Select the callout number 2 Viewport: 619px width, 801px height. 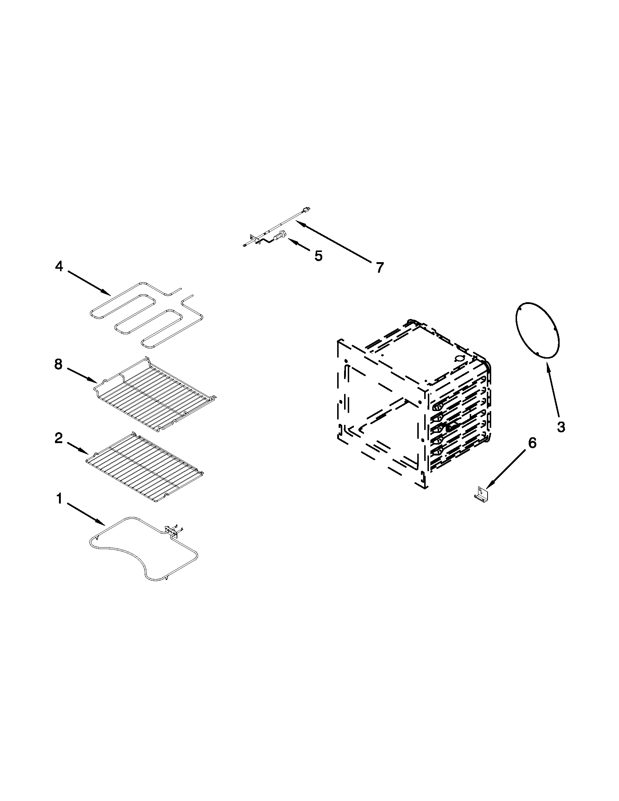59,438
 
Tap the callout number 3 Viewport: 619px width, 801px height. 561,427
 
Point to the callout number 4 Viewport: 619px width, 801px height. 59,266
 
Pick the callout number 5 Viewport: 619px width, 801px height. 318,256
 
